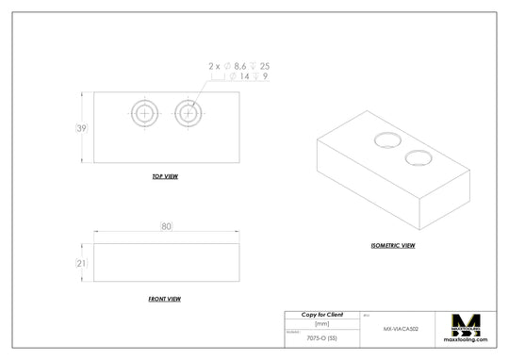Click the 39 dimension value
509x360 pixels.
coord(82,128)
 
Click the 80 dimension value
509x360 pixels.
coord(166,226)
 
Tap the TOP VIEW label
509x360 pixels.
coord(165,176)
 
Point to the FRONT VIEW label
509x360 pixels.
coord(165,299)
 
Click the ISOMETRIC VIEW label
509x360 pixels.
coord(392,245)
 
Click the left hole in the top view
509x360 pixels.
coord(144,113)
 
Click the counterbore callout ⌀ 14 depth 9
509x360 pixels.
coord(243,76)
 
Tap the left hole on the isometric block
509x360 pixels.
coord(386,140)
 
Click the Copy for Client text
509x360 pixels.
coord(321,314)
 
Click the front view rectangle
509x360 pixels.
coord(166,264)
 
